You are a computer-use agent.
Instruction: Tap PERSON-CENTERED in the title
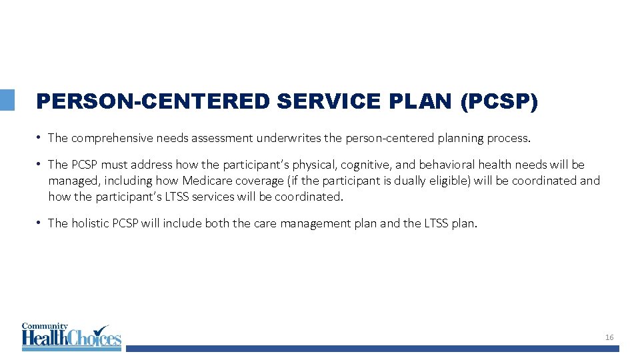point(153,101)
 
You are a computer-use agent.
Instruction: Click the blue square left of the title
point(7,100)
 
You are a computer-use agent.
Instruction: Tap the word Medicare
point(207,181)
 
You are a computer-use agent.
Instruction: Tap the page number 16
point(609,338)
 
